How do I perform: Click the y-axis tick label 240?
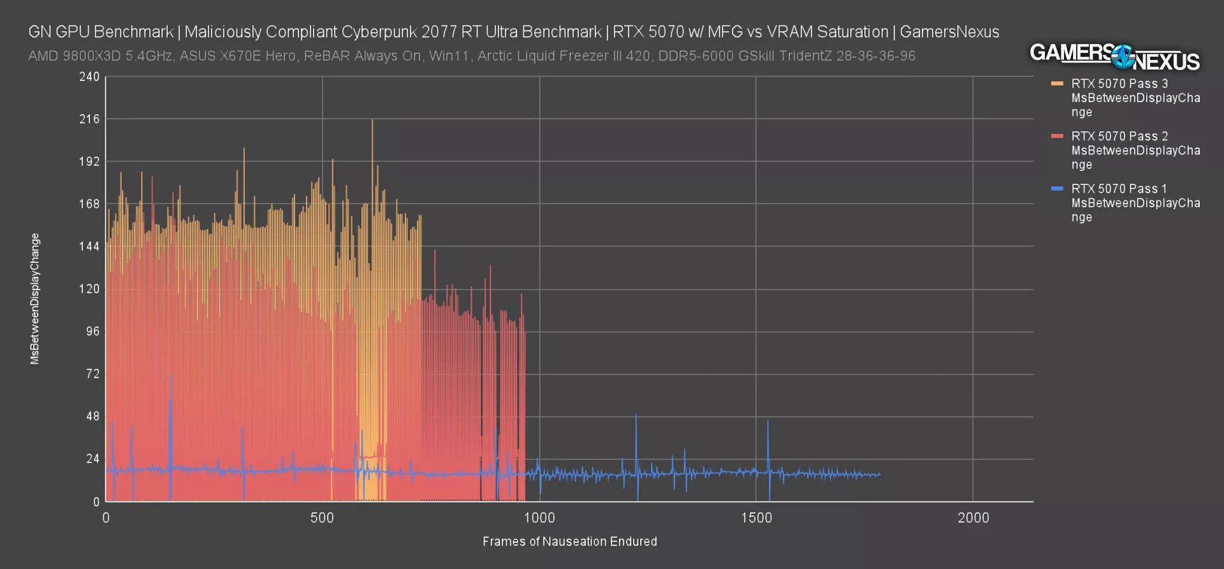coord(89,77)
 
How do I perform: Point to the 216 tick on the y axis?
coord(89,119)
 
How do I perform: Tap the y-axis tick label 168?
coord(89,204)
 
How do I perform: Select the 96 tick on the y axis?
coord(93,331)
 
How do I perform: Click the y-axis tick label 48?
coord(93,417)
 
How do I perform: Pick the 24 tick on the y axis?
coord(93,459)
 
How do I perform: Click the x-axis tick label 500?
coord(322,518)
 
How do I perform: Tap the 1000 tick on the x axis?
coord(539,518)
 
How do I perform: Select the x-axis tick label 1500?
coord(756,518)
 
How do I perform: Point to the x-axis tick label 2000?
coord(973,518)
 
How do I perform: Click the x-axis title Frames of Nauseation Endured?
coord(569,542)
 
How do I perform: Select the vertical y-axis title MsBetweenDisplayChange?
coord(35,299)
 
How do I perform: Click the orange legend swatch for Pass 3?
coord(1057,84)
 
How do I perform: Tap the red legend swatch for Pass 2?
coord(1057,136)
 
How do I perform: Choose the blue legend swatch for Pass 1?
coord(1057,189)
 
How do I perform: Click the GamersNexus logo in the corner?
coord(1114,57)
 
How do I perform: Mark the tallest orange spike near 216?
coord(372,121)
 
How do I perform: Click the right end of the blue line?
coord(880,474)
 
